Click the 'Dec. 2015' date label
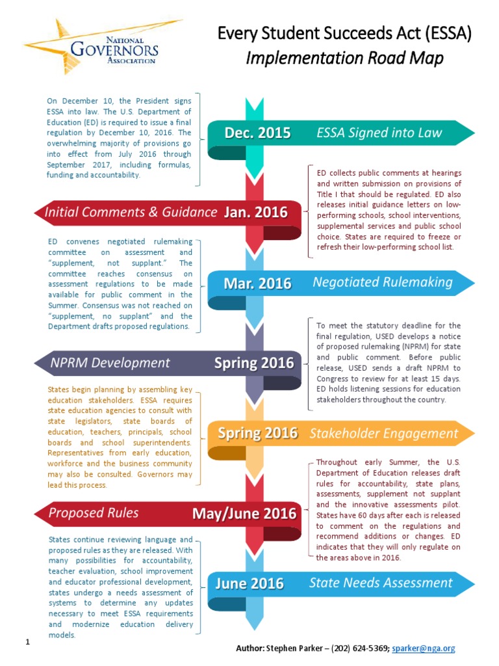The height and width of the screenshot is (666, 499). pyautogui.click(x=257, y=133)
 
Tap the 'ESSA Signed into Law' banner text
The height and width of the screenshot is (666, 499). pyautogui.click(x=379, y=133)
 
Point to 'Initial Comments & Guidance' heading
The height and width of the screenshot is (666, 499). pyautogui.click(x=130, y=212)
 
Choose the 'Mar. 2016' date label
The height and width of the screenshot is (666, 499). pyautogui.click(x=257, y=284)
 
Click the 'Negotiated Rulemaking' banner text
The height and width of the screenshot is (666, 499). pyautogui.click(x=382, y=282)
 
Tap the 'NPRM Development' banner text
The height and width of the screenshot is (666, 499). pyautogui.click(x=110, y=363)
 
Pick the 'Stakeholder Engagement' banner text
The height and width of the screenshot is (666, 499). pyautogui.click(x=383, y=433)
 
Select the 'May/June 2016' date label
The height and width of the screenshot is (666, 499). pyautogui.click(x=244, y=514)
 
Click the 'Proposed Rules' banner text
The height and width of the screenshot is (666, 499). pyautogui.click(x=94, y=513)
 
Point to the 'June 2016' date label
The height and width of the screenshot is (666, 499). pyautogui.click(x=249, y=583)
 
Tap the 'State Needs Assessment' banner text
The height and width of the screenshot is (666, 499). pyautogui.click(x=380, y=583)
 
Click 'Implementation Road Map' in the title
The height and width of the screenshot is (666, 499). pyautogui.click(x=344, y=59)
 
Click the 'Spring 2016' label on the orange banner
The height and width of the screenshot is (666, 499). pyautogui.click(x=257, y=433)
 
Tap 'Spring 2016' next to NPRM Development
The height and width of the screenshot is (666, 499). pyautogui.click(x=258, y=363)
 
